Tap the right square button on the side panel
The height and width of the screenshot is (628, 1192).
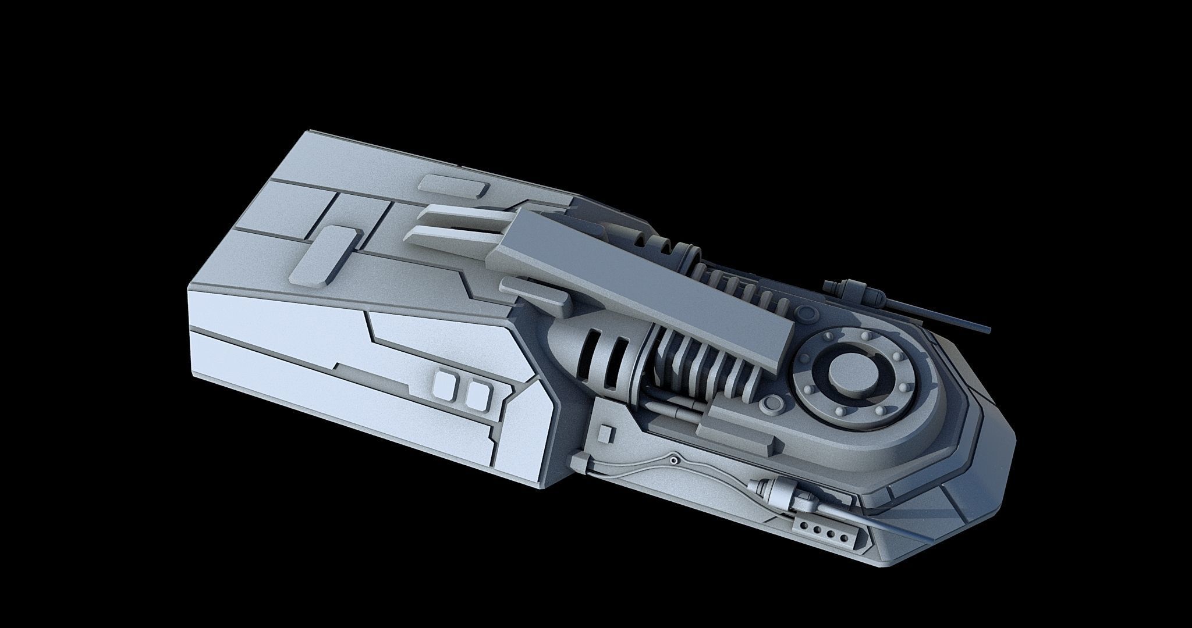coord(477,394)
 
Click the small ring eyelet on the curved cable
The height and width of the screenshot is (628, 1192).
coord(673,461)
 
